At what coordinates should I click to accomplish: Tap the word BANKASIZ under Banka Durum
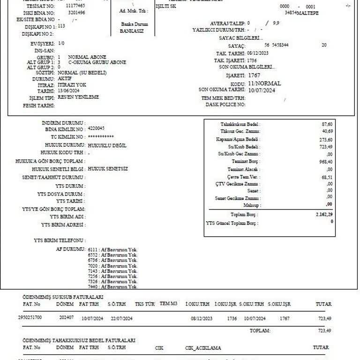coord(132,31)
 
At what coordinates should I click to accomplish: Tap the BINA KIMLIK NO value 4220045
coord(96,128)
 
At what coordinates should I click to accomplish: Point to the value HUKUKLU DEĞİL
coord(107,145)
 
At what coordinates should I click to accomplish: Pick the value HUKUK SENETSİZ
coord(108,168)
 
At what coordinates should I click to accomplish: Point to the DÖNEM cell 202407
coord(66,318)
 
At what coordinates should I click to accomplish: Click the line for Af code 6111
coord(112,249)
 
